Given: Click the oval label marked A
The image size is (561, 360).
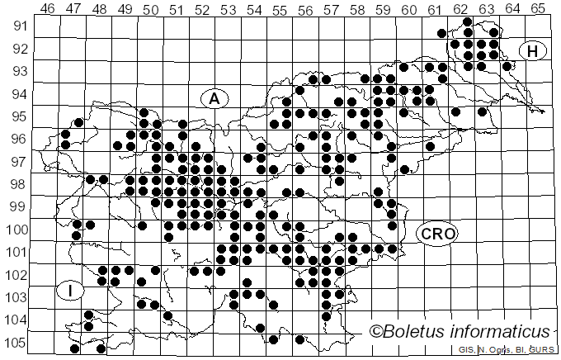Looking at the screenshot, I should pos(214,98).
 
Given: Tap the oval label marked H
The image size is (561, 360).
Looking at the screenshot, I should pos(533,51).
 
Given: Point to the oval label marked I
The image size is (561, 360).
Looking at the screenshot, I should pos(71,291).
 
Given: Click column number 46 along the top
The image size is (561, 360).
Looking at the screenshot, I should pos(48,9).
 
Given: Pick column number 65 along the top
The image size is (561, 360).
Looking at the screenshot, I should pos(539,9).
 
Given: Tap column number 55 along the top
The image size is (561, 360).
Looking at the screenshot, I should pos(280,9).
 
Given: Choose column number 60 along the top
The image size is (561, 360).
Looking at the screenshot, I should pos(409,9).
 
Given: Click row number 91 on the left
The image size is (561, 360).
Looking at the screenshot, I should pos(18,26).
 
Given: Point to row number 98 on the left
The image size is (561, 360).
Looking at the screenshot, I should pos(18,183).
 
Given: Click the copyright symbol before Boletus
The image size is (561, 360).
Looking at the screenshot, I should pos(376,332).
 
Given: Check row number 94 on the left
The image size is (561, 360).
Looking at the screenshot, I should pos(18,93).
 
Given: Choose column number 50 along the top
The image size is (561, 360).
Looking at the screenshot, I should pos(151,9).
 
